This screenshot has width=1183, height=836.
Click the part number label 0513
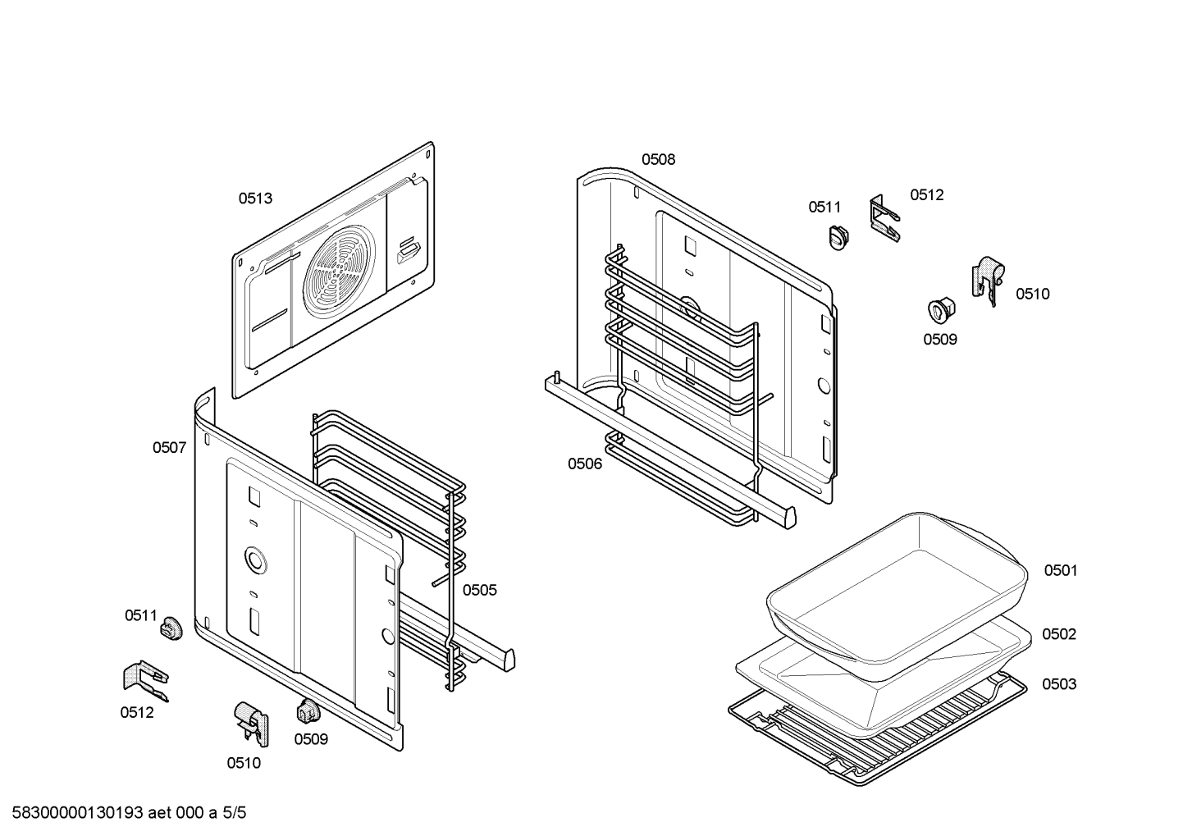[x=255, y=199]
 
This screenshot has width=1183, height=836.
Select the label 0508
[x=658, y=160]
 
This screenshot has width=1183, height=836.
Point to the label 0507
[x=169, y=448]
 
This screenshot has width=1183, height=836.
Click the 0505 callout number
[x=479, y=590]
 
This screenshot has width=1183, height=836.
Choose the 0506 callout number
[x=585, y=464]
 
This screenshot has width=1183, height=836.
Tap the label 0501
[x=1060, y=570]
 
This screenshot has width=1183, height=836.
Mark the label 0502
[x=1059, y=634]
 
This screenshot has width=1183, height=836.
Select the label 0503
[x=1059, y=684]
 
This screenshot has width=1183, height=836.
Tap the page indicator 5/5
[x=235, y=813]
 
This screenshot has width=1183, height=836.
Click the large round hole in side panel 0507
[x=255, y=561]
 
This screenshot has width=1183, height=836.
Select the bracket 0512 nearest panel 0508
[x=883, y=217]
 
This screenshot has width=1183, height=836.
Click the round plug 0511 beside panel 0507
[x=171, y=629]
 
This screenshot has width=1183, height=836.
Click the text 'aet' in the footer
[x=159, y=813]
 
